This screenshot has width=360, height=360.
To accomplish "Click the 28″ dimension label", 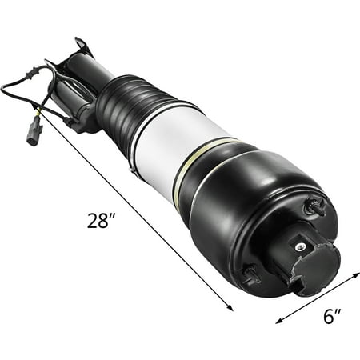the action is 102,221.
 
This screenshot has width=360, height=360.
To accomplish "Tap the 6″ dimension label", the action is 332,316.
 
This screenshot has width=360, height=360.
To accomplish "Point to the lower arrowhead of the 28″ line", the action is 230,307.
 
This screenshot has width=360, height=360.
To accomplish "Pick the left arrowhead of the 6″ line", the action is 279,321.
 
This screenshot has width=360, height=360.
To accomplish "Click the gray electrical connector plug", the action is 34,131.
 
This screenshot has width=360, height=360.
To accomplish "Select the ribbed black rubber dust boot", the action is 130,106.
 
